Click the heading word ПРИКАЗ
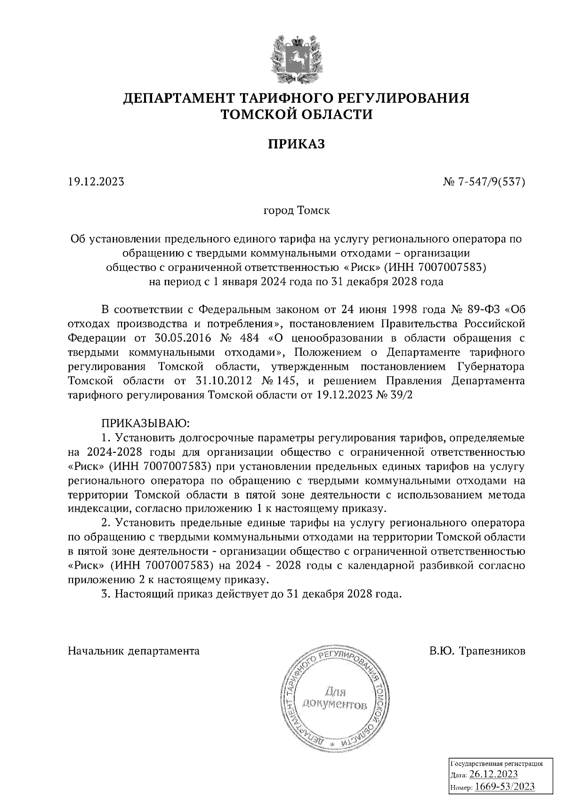point(297,144)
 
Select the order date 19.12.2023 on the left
point(96,182)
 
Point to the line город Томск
point(297,210)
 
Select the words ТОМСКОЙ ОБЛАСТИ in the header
point(297,114)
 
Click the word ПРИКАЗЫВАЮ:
point(145,424)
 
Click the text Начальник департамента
point(134,652)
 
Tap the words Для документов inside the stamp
point(334,698)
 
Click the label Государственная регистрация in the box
point(497,763)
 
